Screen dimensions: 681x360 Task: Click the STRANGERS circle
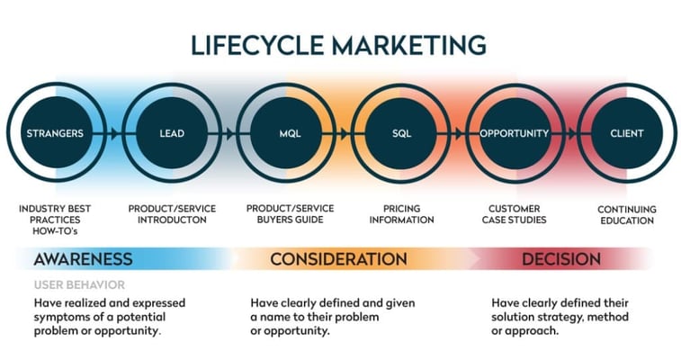tap(55, 133)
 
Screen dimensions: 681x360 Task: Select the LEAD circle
tap(172, 133)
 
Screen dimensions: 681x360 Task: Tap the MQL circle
tap(290, 133)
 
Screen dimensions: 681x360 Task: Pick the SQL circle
tap(401, 133)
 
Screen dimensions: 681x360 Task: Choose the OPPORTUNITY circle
tap(515, 133)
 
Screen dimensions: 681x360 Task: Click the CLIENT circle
tap(627, 133)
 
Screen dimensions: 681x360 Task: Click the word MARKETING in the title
tap(408, 46)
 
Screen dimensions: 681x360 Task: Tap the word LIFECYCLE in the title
tap(257, 46)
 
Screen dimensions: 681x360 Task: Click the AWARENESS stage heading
tap(83, 259)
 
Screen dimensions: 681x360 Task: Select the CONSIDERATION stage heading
tap(339, 259)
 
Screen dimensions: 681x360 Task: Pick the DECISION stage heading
tap(561, 259)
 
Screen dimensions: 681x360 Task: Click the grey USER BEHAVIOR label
tap(79, 285)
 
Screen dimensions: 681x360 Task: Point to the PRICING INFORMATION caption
tap(402, 214)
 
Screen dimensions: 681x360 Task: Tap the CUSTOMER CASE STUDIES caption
tap(515, 214)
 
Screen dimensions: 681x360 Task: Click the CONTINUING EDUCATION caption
tap(627, 215)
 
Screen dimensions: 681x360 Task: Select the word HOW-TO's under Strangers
tap(55, 231)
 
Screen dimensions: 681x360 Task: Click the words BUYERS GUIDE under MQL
tap(290, 220)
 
